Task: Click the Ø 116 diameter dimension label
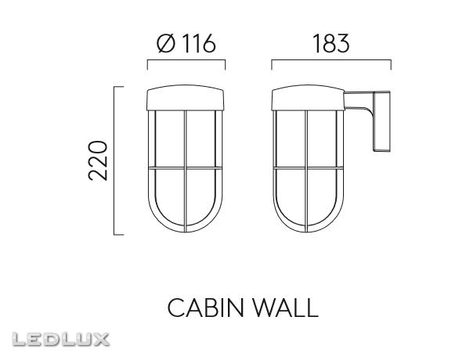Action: [186, 44]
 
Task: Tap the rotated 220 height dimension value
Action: [97, 160]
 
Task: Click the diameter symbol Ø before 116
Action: [164, 44]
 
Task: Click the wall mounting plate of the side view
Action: [383, 121]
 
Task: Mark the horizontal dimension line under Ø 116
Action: [186, 61]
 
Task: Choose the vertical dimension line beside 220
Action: [116, 160]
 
